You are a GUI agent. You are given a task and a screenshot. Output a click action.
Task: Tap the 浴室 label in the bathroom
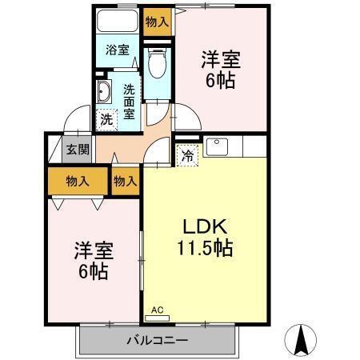coord(118,50)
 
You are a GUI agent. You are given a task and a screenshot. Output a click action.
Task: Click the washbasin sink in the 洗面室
coord(105,93)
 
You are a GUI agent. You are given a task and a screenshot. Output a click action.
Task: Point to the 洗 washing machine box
coord(106,120)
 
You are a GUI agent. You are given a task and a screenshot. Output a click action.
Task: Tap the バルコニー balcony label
coord(157,342)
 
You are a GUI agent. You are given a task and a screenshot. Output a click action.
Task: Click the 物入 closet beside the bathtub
coord(157,22)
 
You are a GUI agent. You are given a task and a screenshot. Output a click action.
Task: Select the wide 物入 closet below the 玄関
coord(77,182)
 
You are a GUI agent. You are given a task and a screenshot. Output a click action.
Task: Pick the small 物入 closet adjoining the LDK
coord(125,182)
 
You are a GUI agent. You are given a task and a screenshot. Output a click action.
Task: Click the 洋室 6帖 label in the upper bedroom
coord(221,70)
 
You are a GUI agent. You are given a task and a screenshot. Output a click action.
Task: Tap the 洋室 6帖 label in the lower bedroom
coord(93,258)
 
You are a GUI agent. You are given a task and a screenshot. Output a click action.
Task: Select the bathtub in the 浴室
coord(118,22)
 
